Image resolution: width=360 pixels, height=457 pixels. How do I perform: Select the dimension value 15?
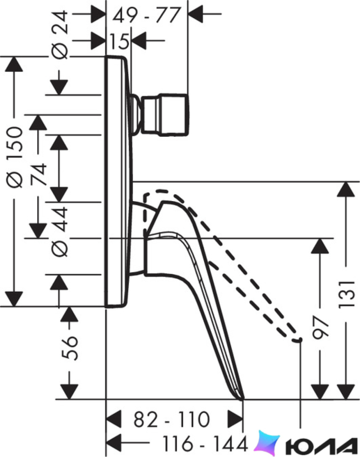point(120,41)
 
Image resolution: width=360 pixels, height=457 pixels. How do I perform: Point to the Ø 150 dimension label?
point(15,157)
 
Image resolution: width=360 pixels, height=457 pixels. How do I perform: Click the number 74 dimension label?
point(39,174)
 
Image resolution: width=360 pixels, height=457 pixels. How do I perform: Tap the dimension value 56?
point(70,348)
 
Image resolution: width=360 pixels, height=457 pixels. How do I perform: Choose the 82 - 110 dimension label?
point(172,420)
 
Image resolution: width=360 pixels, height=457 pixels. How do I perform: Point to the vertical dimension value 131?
point(347,293)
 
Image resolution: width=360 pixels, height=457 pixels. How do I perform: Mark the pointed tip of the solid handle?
point(242,399)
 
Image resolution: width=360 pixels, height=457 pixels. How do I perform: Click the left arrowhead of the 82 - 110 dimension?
point(113,420)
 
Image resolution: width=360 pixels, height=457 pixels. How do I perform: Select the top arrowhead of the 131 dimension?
point(346,190)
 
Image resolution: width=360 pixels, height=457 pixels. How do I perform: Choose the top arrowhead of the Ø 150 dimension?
point(14,64)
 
